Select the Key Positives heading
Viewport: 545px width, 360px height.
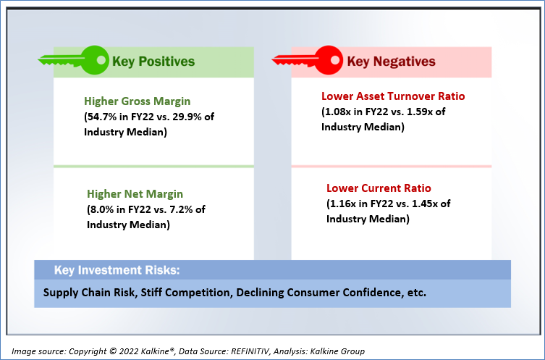pyautogui.click(x=153, y=62)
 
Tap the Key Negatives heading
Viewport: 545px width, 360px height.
pyautogui.click(x=391, y=62)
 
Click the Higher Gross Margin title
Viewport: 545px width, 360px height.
pyautogui.click(x=138, y=101)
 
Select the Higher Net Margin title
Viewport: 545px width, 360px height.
pyautogui.click(x=135, y=193)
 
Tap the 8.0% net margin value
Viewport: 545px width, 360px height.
pyautogui.click(x=102, y=209)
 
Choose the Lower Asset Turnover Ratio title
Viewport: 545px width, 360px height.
pyautogui.click(x=393, y=96)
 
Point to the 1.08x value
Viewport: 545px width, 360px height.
pyautogui.click(x=339, y=112)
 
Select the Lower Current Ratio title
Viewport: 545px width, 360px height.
pyautogui.click(x=379, y=188)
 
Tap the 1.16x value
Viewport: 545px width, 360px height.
pyautogui.click(x=344, y=204)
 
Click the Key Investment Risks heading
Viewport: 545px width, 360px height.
pyautogui.click(x=117, y=270)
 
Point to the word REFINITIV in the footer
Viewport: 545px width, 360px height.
pyautogui.click(x=250, y=351)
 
